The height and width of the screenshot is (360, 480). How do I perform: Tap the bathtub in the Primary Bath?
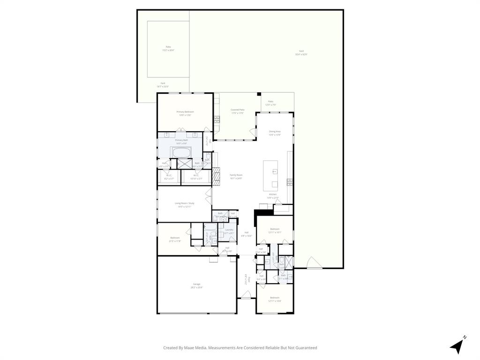click(x=181, y=153)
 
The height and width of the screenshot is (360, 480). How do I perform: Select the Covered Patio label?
click(x=237, y=111)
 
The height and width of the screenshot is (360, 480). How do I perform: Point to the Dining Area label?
click(x=275, y=133)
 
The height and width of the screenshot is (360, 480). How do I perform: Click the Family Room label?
click(x=236, y=176)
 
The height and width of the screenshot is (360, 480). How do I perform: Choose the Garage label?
click(x=196, y=285)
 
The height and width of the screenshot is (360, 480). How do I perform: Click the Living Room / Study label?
click(x=184, y=205)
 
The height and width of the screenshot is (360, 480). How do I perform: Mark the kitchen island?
click(x=270, y=173)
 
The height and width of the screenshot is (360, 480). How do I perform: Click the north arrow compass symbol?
click(x=457, y=345)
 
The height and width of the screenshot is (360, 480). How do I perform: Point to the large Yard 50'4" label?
click(x=301, y=52)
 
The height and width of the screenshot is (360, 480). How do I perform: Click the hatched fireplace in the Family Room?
click(x=216, y=175)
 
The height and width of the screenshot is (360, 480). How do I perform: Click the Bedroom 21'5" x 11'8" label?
click(x=174, y=239)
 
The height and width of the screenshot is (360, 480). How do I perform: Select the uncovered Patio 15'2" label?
click(x=168, y=48)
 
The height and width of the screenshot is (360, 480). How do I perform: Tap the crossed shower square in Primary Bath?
click(x=185, y=164)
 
